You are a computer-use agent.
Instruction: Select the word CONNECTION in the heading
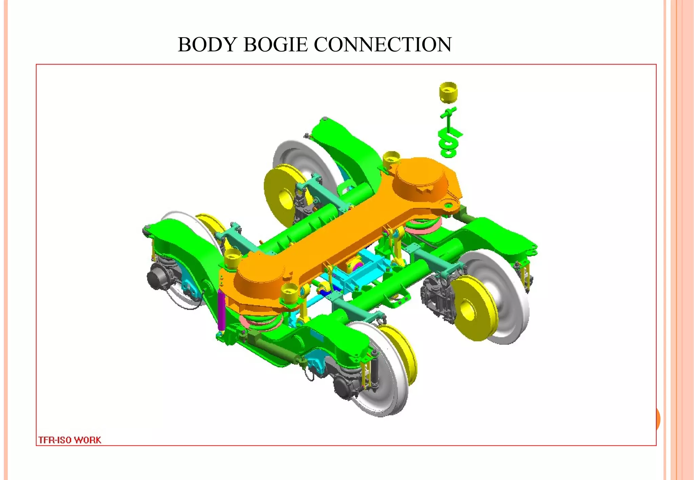point(383,44)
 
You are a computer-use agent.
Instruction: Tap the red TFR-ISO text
point(54,440)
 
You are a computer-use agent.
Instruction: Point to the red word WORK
point(87,440)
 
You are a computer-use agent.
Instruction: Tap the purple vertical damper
point(221,310)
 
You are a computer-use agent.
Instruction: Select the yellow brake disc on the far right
point(473,308)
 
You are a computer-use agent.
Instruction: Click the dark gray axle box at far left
point(158,276)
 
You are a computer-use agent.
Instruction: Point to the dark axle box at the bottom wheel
point(346,386)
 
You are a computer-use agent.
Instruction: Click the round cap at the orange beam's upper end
point(420,178)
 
